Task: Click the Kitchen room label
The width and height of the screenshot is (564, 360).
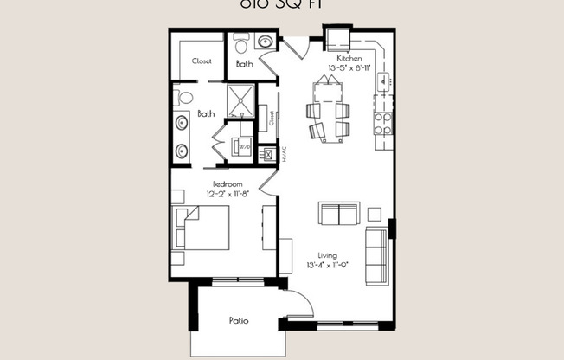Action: point(337,58)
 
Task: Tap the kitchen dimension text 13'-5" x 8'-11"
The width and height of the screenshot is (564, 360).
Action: point(337,67)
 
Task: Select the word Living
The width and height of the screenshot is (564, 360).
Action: point(326,255)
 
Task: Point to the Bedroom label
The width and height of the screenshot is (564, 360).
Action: point(228,183)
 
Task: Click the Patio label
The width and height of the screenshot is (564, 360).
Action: point(239,321)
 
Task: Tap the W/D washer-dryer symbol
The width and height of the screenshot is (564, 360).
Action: point(243,147)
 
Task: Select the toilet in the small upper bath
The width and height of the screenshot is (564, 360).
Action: point(240,42)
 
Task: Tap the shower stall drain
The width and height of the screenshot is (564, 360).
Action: point(243,100)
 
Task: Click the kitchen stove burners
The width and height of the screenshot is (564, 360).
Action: point(382,124)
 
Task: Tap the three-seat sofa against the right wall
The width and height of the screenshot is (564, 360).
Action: point(376,255)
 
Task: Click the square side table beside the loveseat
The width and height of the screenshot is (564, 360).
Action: point(375,213)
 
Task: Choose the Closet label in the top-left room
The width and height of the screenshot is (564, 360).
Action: point(202,61)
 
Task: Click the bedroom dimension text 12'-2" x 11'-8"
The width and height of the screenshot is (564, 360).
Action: point(228,194)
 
